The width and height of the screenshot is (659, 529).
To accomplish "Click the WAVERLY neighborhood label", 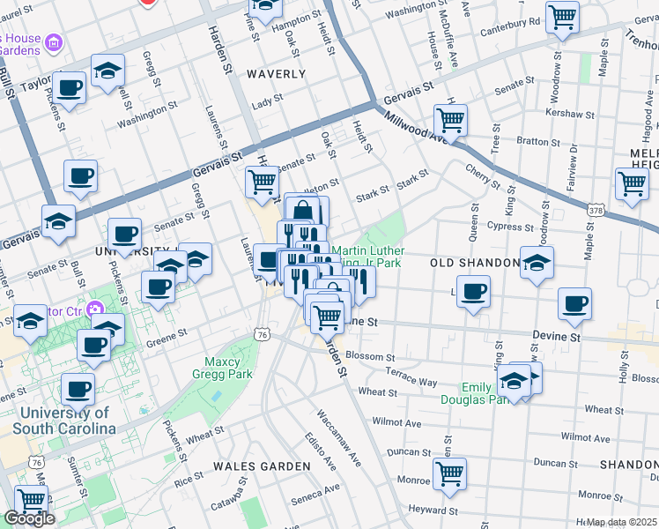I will pyautogui.click(x=276, y=75).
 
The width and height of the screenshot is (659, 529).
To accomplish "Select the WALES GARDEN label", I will pyautogui.click(x=263, y=466).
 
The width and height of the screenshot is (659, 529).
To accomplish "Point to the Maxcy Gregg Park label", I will pyautogui.click(x=229, y=368).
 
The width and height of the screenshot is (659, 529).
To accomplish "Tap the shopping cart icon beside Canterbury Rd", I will pyautogui.click(x=562, y=16).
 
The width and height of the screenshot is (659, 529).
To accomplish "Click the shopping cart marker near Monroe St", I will pyautogui.click(x=449, y=473).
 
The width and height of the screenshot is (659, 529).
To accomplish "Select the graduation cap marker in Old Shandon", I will pyautogui.click(x=537, y=262).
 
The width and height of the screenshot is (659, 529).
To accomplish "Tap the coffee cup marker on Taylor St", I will pyautogui.click(x=69, y=87).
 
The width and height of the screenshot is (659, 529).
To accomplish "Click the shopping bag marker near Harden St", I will pyautogui.click(x=302, y=211).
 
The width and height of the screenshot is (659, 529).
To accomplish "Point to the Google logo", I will pyautogui.click(x=29, y=519).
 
